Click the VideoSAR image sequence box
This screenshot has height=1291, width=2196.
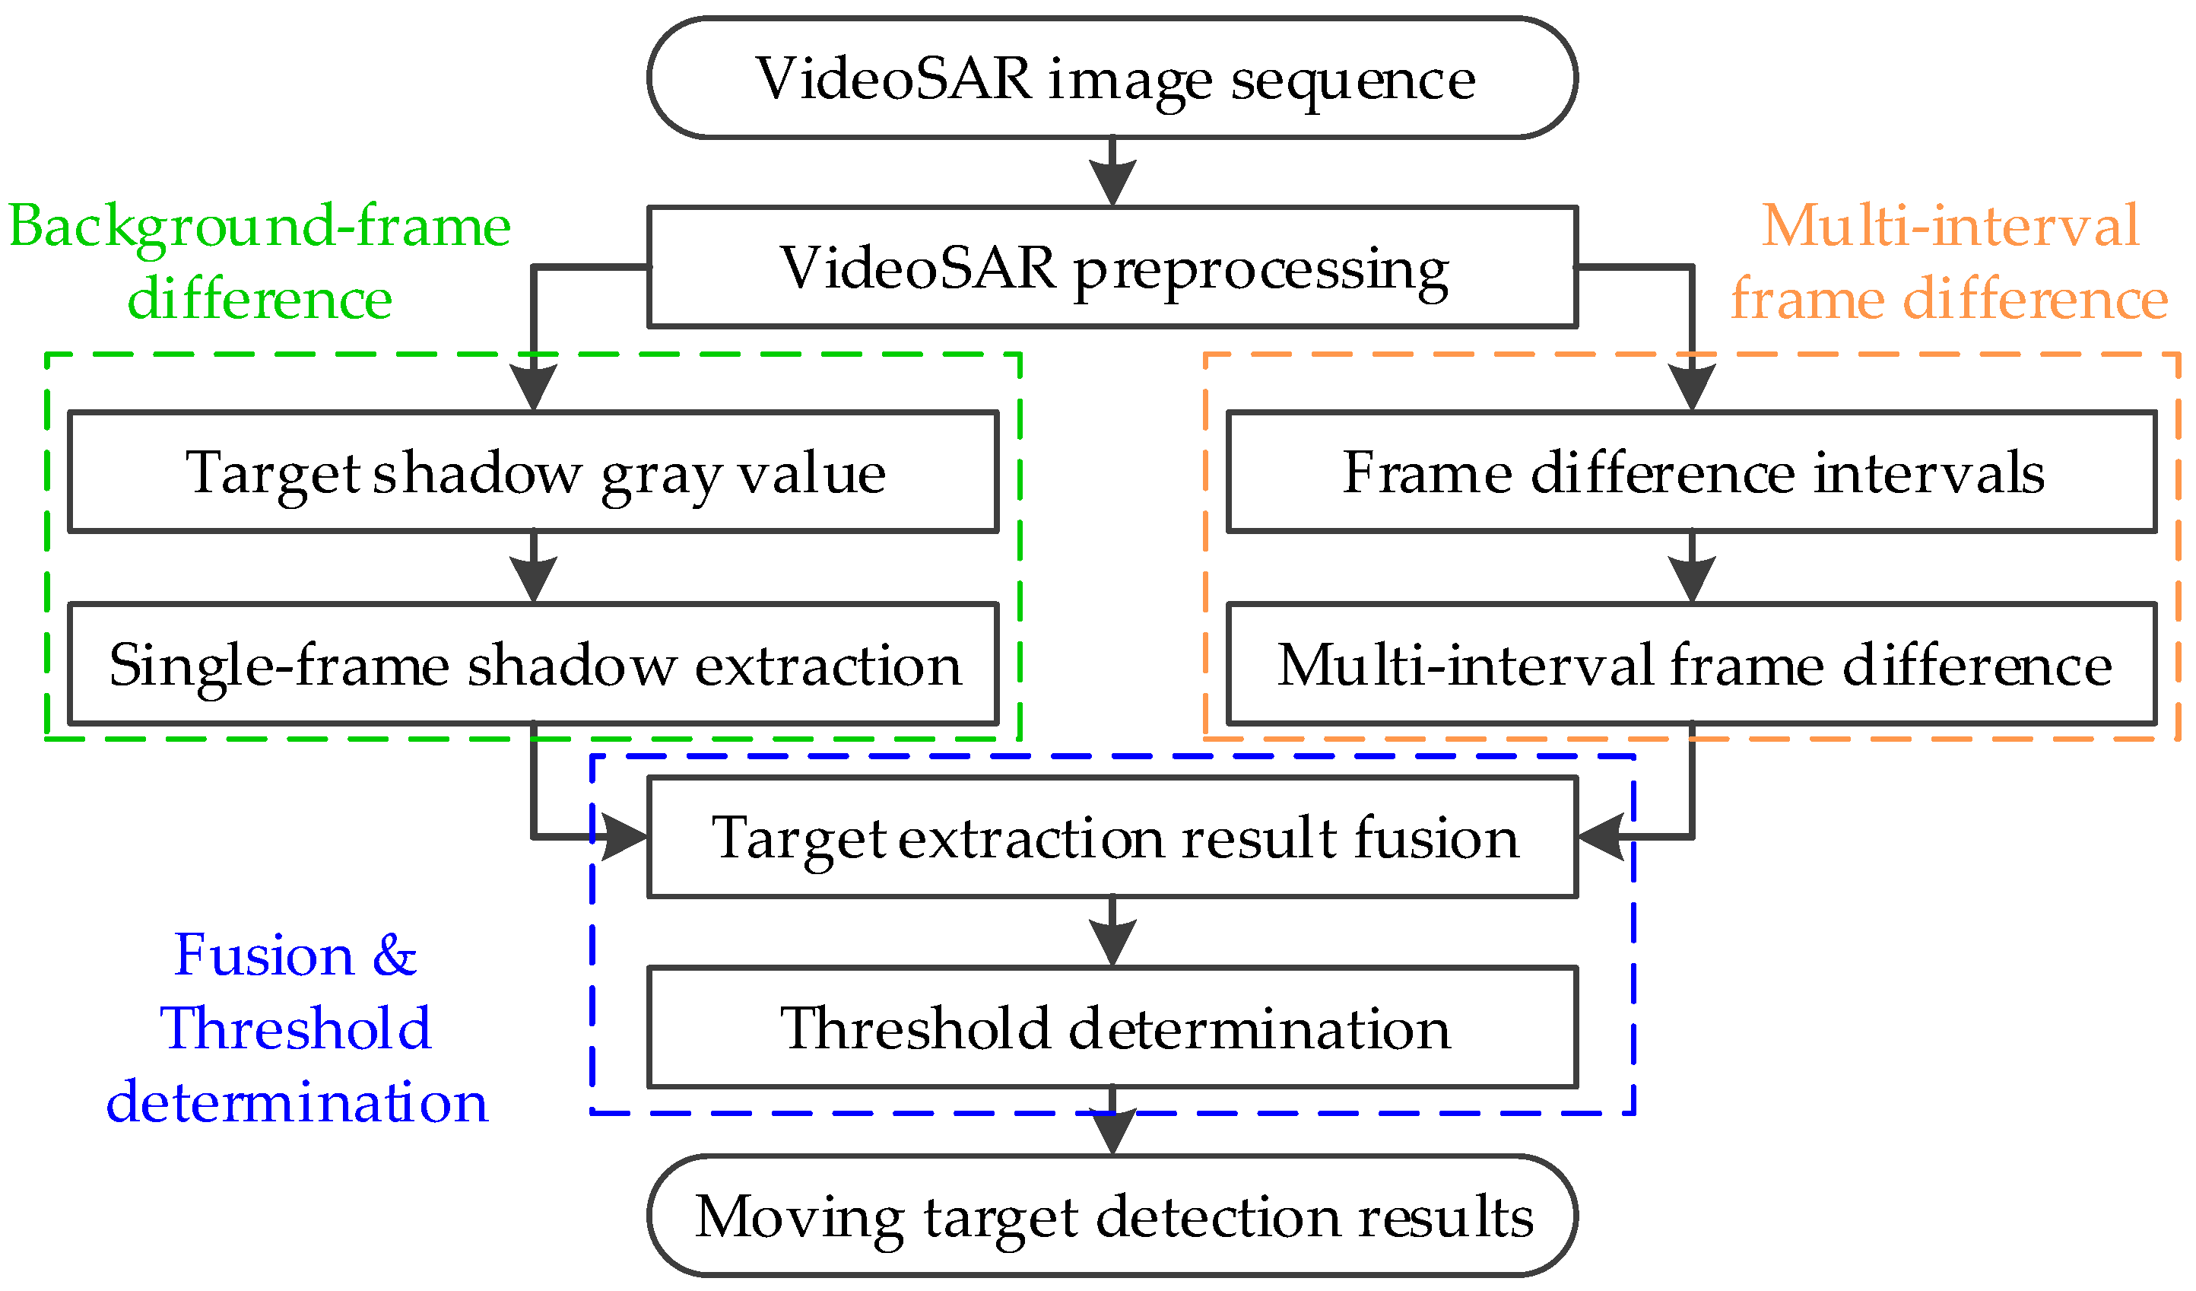coord(1112,78)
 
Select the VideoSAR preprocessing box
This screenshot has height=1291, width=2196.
coord(1112,267)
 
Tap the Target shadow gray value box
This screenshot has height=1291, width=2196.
coord(533,472)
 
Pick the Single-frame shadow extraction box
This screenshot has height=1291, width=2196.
coord(533,664)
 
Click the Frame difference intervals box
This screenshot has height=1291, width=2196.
coord(1690,472)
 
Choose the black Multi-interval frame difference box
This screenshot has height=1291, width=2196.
coord(1690,664)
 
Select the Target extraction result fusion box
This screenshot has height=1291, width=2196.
coord(1112,837)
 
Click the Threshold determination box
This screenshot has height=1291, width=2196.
coord(1112,1027)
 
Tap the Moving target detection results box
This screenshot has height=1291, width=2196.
coord(1112,1215)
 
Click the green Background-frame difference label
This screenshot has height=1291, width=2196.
coord(260,262)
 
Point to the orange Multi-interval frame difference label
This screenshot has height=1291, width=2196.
coord(1949,262)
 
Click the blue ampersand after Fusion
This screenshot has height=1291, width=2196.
coord(394,955)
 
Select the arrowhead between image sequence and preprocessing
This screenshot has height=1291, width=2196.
coord(1112,181)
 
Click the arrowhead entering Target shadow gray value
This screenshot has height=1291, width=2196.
coord(533,386)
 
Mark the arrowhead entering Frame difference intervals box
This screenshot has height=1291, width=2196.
coord(1691,386)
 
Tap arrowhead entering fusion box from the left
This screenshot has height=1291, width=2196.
coord(623,837)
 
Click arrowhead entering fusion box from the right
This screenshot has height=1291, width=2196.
coord(1601,837)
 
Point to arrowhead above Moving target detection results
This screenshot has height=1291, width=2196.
coord(1112,1131)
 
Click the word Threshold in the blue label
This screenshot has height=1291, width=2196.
coord(296,1029)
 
